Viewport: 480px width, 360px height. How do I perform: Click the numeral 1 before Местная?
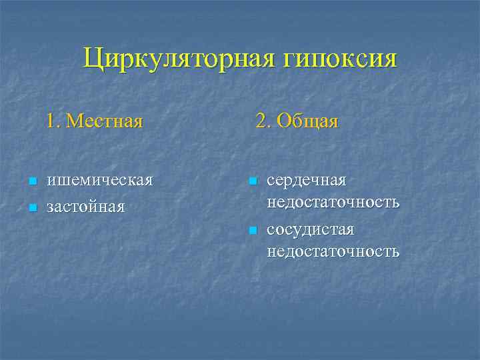click(x=51, y=121)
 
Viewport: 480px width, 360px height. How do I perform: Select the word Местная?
click(x=105, y=121)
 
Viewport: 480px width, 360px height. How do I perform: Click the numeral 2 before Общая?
click(x=263, y=121)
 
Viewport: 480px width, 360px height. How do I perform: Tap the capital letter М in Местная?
click(x=75, y=121)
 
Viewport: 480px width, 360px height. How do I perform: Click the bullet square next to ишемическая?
click(x=32, y=181)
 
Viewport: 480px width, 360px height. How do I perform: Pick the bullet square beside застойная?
click(x=32, y=207)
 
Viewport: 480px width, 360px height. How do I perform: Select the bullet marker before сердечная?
click(x=252, y=181)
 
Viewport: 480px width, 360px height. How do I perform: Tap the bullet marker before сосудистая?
click(x=252, y=231)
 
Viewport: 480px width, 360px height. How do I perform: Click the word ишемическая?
click(x=99, y=181)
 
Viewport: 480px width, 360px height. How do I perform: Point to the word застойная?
click(x=85, y=207)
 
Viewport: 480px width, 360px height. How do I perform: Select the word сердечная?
click(x=306, y=181)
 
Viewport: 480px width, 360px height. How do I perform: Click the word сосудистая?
click(x=310, y=230)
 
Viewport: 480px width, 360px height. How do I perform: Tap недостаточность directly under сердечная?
click(x=333, y=202)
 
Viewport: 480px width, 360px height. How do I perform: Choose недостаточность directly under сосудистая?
click(x=333, y=251)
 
